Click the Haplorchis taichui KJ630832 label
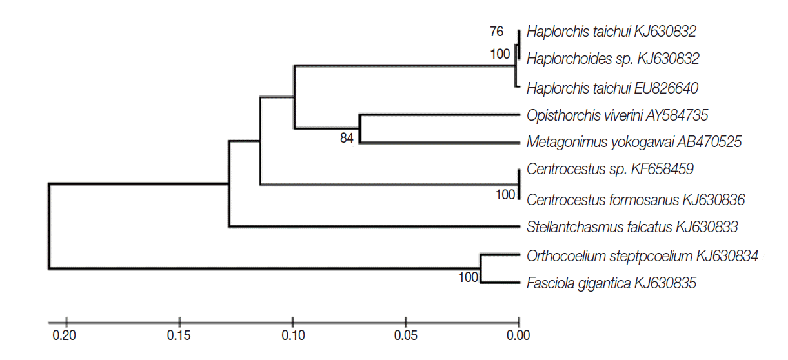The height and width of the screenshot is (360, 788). pyautogui.click(x=611, y=31)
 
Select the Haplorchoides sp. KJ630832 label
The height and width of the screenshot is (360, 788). pyautogui.click(x=612, y=59)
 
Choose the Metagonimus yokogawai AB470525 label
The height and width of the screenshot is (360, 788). pyautogui.click(x=634, y=141)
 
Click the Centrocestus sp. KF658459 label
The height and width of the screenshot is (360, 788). pyautogui.click(x=610, y=170)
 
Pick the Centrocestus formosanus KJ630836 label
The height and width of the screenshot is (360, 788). pyautogui.click(x=636, y=199)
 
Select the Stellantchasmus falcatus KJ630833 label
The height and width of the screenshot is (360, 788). pyautogui.click(x=632, y=226)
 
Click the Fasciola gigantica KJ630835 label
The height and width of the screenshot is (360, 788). pyautogui.click(x=611, y=283)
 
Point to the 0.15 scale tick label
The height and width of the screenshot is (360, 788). pyautogui.click(x=178, y=335)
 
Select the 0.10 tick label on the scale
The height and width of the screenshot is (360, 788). pyautogui.click(x=292, y=335)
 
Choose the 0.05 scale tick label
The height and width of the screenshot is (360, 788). pyautogui.click(x=405, y=335)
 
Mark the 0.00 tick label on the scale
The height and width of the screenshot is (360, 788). pyautogui.click(x=518, y=335)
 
